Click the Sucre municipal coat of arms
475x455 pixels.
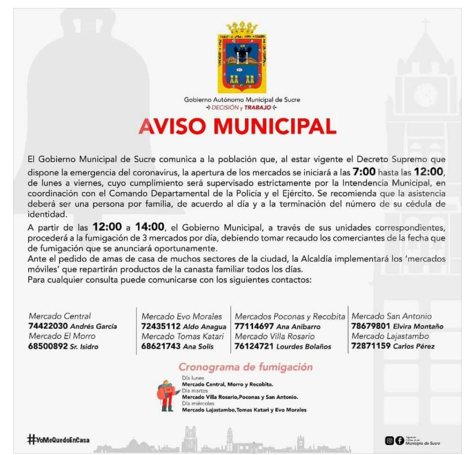point(242,57)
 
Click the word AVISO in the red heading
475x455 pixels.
point(172,127)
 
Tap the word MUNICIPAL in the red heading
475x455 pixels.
point(275,127)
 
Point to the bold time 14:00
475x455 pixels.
point(150,227)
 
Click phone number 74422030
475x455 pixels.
point(48,326)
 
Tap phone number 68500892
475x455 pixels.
point(48,346)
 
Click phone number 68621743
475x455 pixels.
point(161,346)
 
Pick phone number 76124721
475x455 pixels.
point(254,346)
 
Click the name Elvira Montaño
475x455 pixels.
point(418,327)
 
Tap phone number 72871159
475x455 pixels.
point(371,346)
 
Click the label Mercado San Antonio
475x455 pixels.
point(391,316)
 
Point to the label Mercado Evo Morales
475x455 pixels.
point(182,316)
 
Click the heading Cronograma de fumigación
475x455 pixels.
point(245,367)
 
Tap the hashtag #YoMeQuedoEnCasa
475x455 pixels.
point(58,439)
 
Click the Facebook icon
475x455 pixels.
point(399,440)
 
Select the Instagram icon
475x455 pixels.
point(390,440)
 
